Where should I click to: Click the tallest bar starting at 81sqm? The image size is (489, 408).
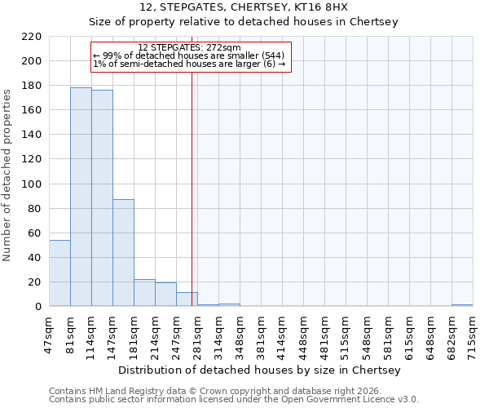click(81, 197)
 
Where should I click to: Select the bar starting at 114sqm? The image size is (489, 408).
click(102, 198)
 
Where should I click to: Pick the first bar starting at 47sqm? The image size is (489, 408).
click(59, 273)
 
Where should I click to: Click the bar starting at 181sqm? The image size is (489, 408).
click(144, 293)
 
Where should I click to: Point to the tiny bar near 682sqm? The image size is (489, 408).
click(462, 305)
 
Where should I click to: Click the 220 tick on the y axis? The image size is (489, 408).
click(33, 37)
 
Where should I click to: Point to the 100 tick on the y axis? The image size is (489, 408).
click(33, 184)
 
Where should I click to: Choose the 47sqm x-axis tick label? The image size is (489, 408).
click(49, 333)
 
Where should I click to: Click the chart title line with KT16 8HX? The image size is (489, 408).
click(244, 7)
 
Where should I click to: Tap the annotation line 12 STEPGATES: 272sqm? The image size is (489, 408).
click(189, 47)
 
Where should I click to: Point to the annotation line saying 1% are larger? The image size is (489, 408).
click(189, 64)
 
